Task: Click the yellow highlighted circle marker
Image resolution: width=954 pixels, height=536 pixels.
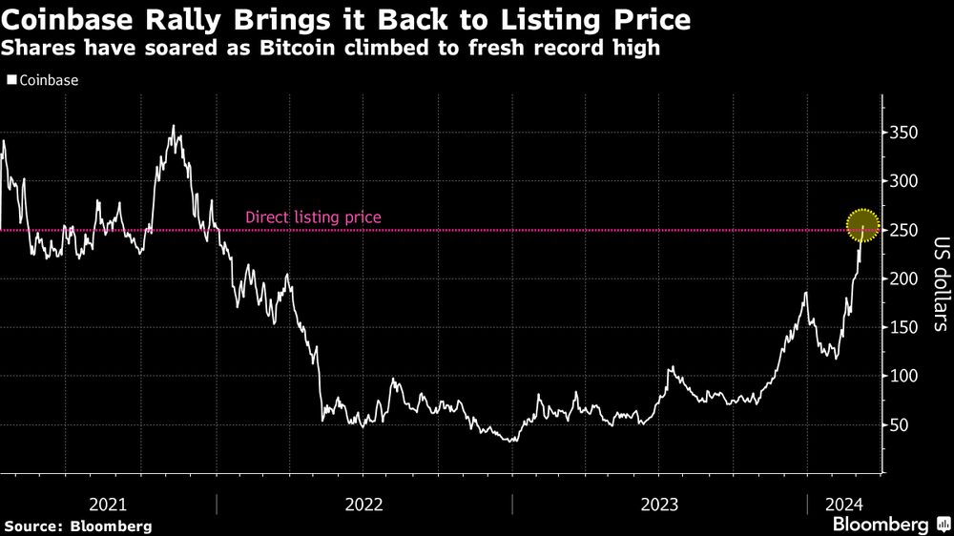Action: [x=862, y=226]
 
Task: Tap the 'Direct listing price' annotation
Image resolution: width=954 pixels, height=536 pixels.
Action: [x=313, y=217]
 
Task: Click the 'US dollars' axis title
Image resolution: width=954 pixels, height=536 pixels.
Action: [x=939, y=283]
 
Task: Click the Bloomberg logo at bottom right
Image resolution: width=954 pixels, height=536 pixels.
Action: [x=887, y=524]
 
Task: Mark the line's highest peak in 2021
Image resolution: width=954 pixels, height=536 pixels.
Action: [x=173, y=126]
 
